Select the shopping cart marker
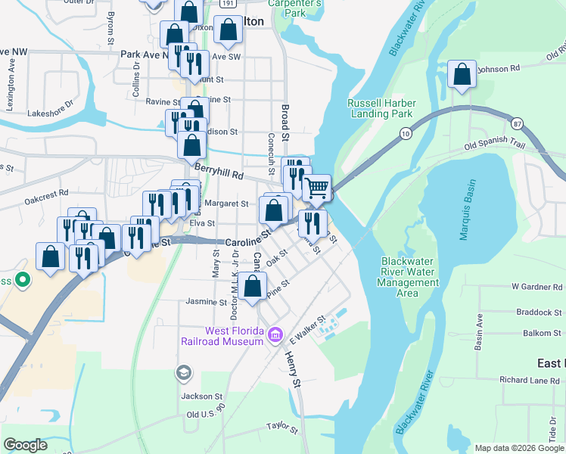tap(317, 187)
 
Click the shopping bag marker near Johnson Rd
tap(461, 74)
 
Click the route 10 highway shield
tap(406, 134)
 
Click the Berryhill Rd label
tap(218, 173)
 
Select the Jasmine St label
tap(202, 301)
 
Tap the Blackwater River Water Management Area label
tap(409, 278)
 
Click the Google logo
tap(25, 445)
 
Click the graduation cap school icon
tap(182, 372)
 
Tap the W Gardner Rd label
tap(537, 288)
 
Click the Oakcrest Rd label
tap(46, 201)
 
